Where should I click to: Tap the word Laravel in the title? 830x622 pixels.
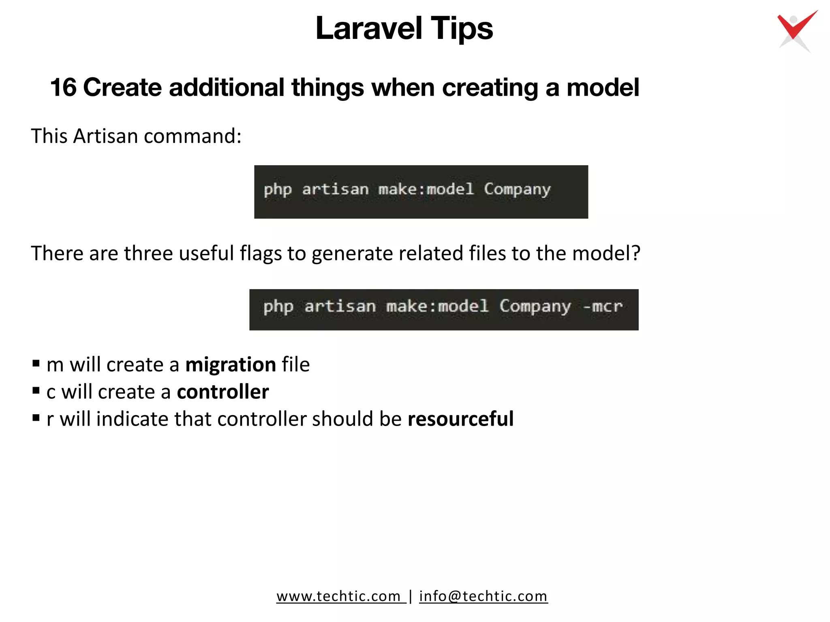368,28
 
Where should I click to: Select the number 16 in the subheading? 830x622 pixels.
63,87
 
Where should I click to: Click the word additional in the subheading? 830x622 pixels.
227,87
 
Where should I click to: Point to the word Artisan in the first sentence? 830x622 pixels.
105,136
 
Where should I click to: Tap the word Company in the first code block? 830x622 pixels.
517,190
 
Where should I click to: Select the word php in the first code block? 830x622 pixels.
278,190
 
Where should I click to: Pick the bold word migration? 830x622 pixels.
231,364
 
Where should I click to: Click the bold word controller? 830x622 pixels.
222,392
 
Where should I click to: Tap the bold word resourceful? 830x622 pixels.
460,419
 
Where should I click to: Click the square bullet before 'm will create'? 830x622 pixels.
36,363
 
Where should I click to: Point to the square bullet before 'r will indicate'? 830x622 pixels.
36,418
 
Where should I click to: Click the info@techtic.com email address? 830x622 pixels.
483,596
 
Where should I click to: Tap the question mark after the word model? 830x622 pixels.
635,253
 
